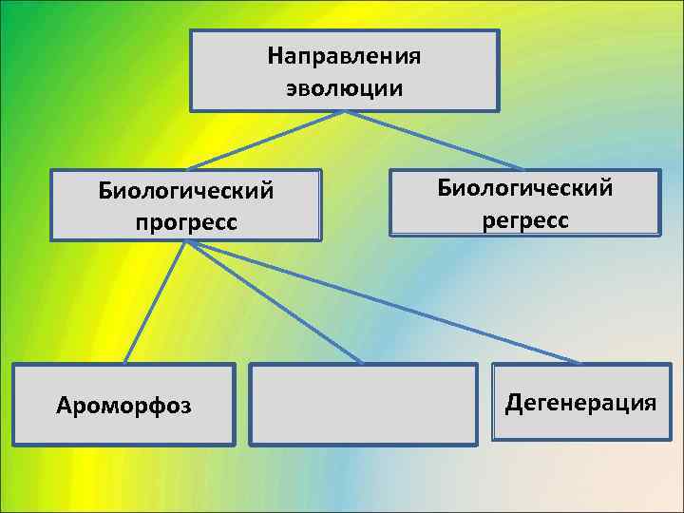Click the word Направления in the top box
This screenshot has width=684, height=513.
pyautogui.click(x=344, y=56)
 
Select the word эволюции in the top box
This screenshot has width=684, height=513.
pyautogui.click(x=344, y=88)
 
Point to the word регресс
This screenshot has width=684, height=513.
pyautogui.click(x=524, y=219)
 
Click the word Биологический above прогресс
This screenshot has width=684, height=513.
pyautogui.click(x=186, y=191)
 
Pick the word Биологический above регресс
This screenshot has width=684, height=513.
pyautogui.click(x=524, y=187)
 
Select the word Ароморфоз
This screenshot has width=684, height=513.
pyautogui.click(x=123, y=407)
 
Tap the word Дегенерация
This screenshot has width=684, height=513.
pyautogui.click(x=580, y=403)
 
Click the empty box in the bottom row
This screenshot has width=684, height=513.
pyautogui.click(x=363, y=404)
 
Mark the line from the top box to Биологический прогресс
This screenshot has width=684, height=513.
pyautogui.click(x=266, y=141)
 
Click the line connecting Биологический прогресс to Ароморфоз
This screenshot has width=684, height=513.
pyautogui.click(x=155, y=302)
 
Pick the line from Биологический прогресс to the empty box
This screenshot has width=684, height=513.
pyautogui.click(x=275, y=302)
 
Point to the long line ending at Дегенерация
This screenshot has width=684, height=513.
pyautogui.click(x=380, y=302)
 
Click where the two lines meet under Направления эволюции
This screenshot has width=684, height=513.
pyautogui.click(x=344, y=112)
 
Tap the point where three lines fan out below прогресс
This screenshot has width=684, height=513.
pyautogui.click(x=186, y=241)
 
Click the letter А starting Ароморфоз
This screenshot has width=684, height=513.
pyautogui.click(x=64, y=407)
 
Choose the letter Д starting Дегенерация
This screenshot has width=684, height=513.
pyautogui.click(x=513, y=403)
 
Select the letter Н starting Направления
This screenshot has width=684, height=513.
pyautogui.click(x=275, y=56)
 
